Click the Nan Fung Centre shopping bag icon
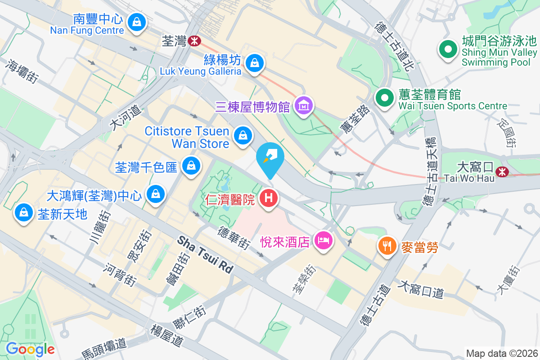(x=136, y=21)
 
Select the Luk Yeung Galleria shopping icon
(x=255, y=63)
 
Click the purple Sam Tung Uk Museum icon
(x=304, y=105)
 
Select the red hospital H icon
(x=269, y=198)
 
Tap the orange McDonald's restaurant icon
(x=387, y=246)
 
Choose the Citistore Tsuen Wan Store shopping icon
(x=243, y=135)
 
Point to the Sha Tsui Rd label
(x=206, y=255)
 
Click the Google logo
(x=30, y=349)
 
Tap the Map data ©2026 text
(x=501, y=353)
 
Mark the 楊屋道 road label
(x=167, y=335)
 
